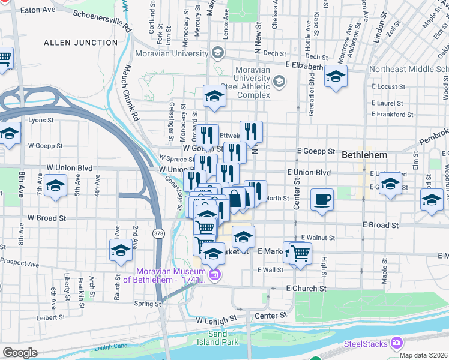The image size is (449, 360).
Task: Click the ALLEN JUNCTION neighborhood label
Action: [80, 43]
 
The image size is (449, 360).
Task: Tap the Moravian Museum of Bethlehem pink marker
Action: [215, 276]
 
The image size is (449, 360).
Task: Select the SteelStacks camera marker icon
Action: [396, 343]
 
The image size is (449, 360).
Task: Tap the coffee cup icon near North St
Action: [322, 199]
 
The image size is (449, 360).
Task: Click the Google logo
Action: [20, 353]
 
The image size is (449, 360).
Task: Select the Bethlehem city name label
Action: [364, 155]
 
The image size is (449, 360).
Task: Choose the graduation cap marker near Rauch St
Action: [121, 250]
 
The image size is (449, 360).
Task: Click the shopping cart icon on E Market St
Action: [300, 253]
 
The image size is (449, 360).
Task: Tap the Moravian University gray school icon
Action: [217, 53]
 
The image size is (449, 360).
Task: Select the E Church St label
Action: [306, 289]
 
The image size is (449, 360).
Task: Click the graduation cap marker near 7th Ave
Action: [55, 187]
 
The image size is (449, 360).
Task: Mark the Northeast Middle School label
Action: [408, 69]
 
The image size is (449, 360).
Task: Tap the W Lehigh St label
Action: [217, 321]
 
